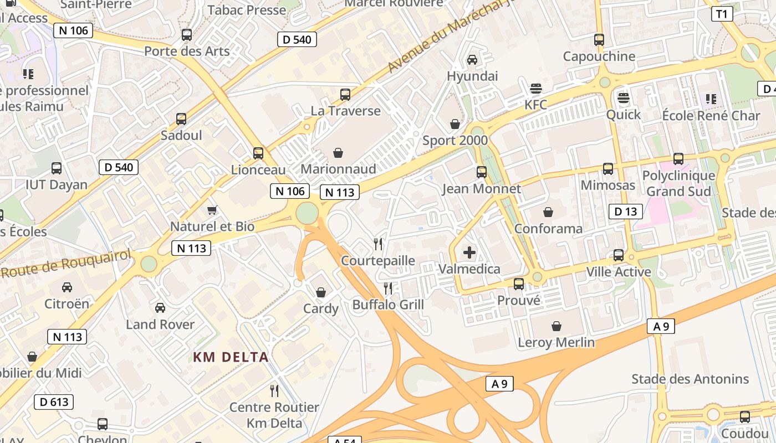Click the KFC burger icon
click(x=535, y=88)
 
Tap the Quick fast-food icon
click(x=624, y=99)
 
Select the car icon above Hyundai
click(x=472, y=59)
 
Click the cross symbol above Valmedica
click(x=469, y=253)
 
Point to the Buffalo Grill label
click(x=388, y=305)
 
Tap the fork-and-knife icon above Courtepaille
click(x=378, y=244)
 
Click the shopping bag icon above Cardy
click(x=320, y=292)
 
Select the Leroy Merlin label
click(x=556, y=343)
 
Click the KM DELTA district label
click(x=231, y=357)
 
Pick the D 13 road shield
click(x=626, y=212)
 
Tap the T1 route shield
click(x=722, y=14)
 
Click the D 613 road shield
click(x=54, y=402)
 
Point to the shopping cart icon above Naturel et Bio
click(x=212, y=210)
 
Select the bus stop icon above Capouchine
click(x=599, y=40)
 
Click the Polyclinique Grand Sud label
click(x=678, y=184)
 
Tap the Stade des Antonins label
click(x=690, y=379)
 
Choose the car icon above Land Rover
click(x=160, y=307)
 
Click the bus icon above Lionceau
click(x=258, y=153)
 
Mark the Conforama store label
click(x=548, y=229)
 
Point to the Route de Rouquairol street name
click(x=66, y=264)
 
